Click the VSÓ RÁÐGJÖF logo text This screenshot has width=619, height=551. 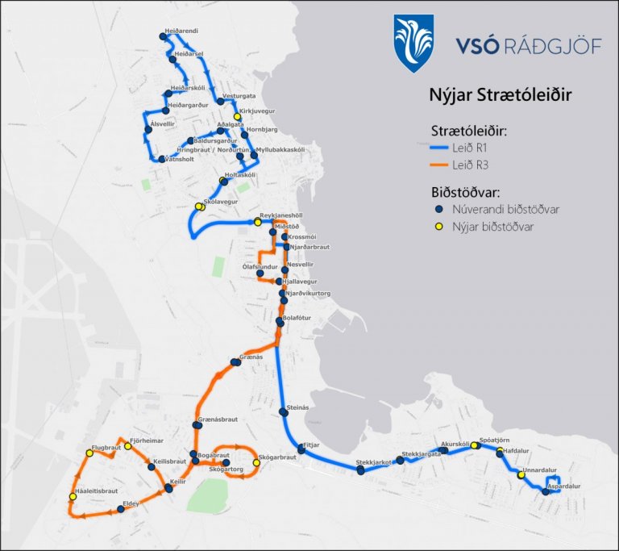(528, 45)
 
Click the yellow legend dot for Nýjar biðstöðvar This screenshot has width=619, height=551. (440, 227)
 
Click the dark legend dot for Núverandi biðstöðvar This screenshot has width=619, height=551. (440, 210)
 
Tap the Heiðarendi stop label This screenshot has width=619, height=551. (181, 31)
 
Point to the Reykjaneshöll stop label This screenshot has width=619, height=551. (280, 217)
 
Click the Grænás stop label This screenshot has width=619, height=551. (251, 356)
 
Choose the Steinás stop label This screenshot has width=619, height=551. (298, 407)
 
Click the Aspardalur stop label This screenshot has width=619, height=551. (563, 486)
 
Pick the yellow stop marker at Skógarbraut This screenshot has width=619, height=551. (256, 462)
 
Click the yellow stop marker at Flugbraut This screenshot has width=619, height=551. (89, 453)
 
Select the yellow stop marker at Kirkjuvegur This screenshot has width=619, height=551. (237, 117)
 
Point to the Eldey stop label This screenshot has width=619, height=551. (130, 503)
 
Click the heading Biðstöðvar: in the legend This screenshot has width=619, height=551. (466, 192)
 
